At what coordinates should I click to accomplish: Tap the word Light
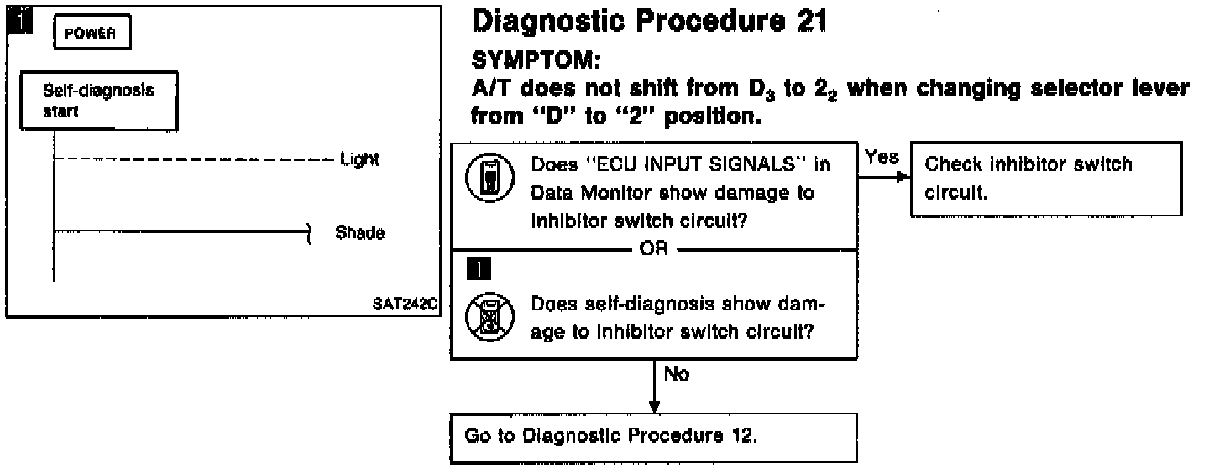pyautogui.click(x=359, y=159)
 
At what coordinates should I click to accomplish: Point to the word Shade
pyautogui.click(x=360, y=233)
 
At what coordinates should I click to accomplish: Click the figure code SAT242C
pyautogui.click(x=405, y=304)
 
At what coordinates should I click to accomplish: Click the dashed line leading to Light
pyautogui.click(x=194, y=159)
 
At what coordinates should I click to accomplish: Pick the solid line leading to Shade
pyautogui.click(x=182, y=231)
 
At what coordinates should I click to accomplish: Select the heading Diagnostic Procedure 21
pyautogui.click(x=649, y=22)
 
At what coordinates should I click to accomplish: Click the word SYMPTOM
pyautogui.click(x=536, y=60)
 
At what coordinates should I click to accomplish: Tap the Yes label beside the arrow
pyautogui.click(x=882, y=157)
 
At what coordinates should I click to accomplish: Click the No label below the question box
pyautogui.click(x=677, y=374)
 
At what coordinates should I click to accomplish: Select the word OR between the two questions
pyautogui.click(x=653, y=248)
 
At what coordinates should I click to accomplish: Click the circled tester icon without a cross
pyautogui.click(x=490, y=178)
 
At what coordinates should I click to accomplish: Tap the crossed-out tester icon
pyautogui.click(x=490, y=316)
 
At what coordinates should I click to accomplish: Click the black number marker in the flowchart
pyautogui.click(x=479, y=268)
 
